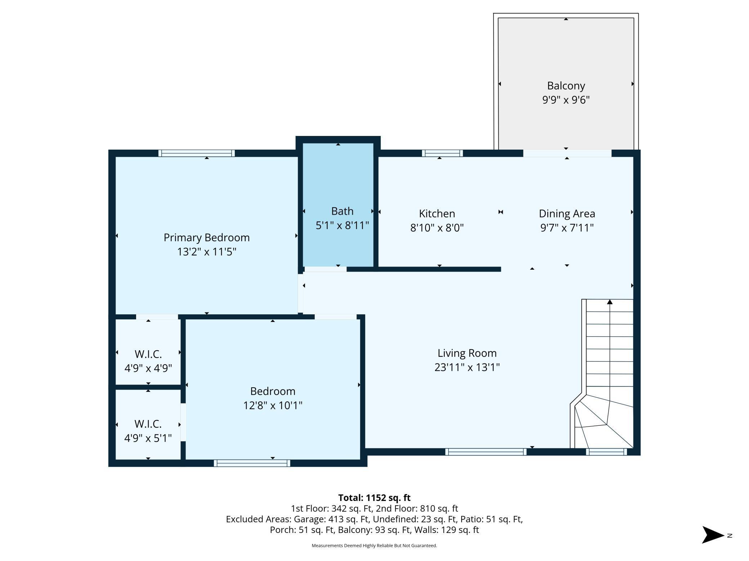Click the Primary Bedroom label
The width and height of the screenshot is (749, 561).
click(x=206, y=237)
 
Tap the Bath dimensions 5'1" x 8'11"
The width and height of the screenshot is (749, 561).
click(x=342, y=225)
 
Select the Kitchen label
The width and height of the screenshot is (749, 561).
click(x=437, y=214)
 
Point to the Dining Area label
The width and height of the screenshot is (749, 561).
click(x=567, y=214)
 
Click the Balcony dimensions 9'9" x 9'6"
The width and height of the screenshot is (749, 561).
click(x=566, y=100)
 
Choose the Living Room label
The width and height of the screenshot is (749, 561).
click(x=467, y=353)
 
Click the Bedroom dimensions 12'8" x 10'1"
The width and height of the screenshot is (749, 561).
click(x=273, y=405)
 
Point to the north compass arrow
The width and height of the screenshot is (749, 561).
click(x=713, y=535)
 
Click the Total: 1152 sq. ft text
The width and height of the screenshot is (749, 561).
click(x=374, y=498)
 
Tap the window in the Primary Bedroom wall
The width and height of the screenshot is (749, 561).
click(x=197, y=153)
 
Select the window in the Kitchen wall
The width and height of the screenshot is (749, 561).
click(x=442, y=153)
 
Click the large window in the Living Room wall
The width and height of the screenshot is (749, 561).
click(x=486, y=452)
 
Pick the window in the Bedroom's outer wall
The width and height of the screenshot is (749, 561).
click(x=252, y=463)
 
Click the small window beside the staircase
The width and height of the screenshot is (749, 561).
click(x=606, y=452)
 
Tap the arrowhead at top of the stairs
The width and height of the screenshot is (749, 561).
click(x=610, y=302)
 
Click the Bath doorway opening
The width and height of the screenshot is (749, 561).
click(x=326, y=269)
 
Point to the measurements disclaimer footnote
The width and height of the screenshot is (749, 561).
click(x=374, y=546)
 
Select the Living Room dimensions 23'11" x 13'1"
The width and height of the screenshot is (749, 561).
click(x=467, y=367)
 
